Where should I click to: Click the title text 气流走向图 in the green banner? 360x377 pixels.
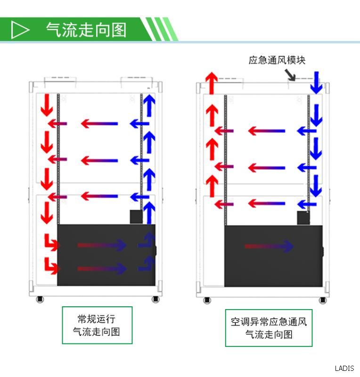[x=86, y=30]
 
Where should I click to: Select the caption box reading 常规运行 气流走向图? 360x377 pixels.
[x=97, y=325]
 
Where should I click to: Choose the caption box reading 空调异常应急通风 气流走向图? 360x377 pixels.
[x=269, y=328]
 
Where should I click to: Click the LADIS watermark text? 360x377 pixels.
[x=344, y=369]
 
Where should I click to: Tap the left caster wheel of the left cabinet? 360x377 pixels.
[x=40, y=299]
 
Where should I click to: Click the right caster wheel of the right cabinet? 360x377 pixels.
[x=323, y=300]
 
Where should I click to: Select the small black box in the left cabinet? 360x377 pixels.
[x=136, y=217]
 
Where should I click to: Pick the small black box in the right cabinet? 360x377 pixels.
[x=303, y=218]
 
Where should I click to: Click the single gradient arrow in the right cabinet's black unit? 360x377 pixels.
[x=269, y=246]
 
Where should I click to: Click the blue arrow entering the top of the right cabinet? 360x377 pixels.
[x=316, y=83]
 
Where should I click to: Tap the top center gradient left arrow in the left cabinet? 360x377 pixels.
[x=99, y=123]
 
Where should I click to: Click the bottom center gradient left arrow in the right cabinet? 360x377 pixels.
[x=266, y=204]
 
